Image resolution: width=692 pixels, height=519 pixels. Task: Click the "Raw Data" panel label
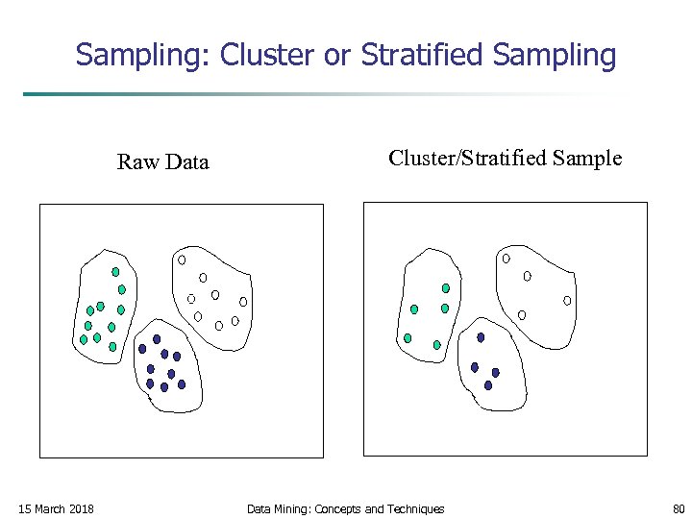tap(162, 161)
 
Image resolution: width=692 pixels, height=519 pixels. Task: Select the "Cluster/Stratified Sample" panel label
tap(505, 158)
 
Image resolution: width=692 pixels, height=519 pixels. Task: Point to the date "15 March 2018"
tap(57, 508)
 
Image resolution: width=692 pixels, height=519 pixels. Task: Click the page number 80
tap(679, 508)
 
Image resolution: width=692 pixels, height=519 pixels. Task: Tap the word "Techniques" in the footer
tap(414, 508)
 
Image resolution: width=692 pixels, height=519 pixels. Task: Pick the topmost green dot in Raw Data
tap(115, 272)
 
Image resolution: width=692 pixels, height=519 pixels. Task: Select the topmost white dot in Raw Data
tap(181, 259)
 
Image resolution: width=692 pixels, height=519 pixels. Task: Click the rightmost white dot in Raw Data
tap(243, 302)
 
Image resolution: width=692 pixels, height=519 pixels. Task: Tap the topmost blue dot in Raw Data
tap(157, 338)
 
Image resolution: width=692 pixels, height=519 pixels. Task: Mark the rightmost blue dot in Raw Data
tap(182, 383)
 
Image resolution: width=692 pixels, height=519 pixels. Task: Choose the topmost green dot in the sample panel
tap(446, 287)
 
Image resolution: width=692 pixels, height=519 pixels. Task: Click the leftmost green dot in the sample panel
tap(408, 338)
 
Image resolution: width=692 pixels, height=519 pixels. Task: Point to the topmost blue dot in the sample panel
tap(481, 337)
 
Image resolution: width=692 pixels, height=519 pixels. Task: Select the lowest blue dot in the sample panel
tap(488, 385)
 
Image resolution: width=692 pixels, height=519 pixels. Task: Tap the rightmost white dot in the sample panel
tap(567, 301)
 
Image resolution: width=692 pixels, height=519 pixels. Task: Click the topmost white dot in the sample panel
tap(506, 259)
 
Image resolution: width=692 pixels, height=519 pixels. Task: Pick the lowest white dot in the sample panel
tap(522, 315)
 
